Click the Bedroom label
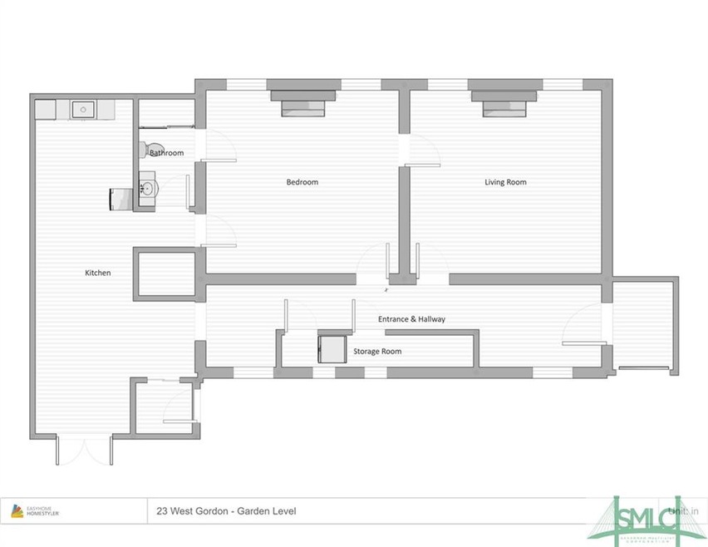click(302, 182)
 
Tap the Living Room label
click(505, 182)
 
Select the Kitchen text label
click(97, 273)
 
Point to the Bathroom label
click(166, 153)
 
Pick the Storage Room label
click(377, 352)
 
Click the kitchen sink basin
click(83, 109)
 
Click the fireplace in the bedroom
click(302, 104)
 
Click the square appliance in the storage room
click(331, 347)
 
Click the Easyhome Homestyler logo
click(35, 511)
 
